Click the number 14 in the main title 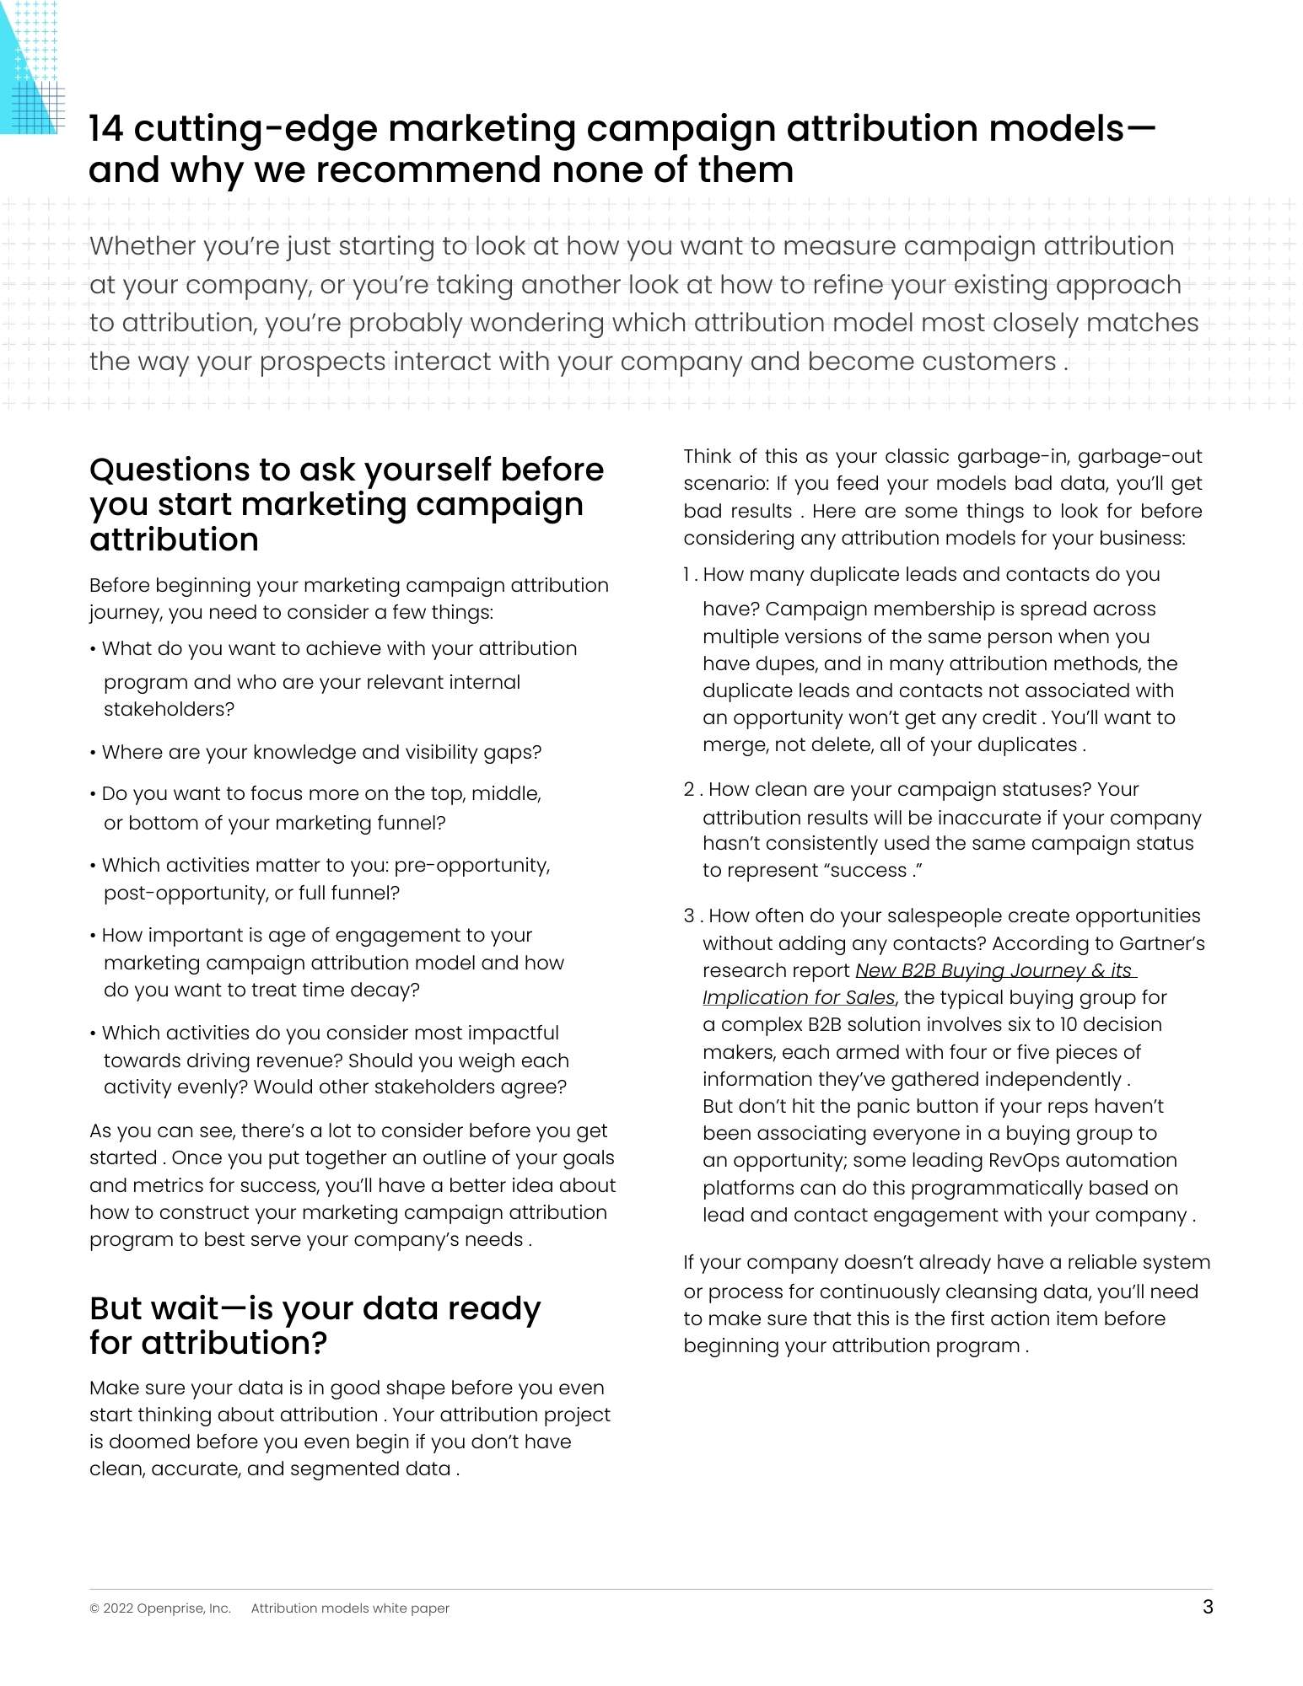106,129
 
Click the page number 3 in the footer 1208,1607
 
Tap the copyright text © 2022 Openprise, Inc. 160,1608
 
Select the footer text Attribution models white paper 350,1608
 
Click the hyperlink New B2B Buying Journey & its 995,970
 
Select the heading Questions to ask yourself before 347,470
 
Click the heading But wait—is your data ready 315,1308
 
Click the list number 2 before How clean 689,790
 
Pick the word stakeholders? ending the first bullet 169,710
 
